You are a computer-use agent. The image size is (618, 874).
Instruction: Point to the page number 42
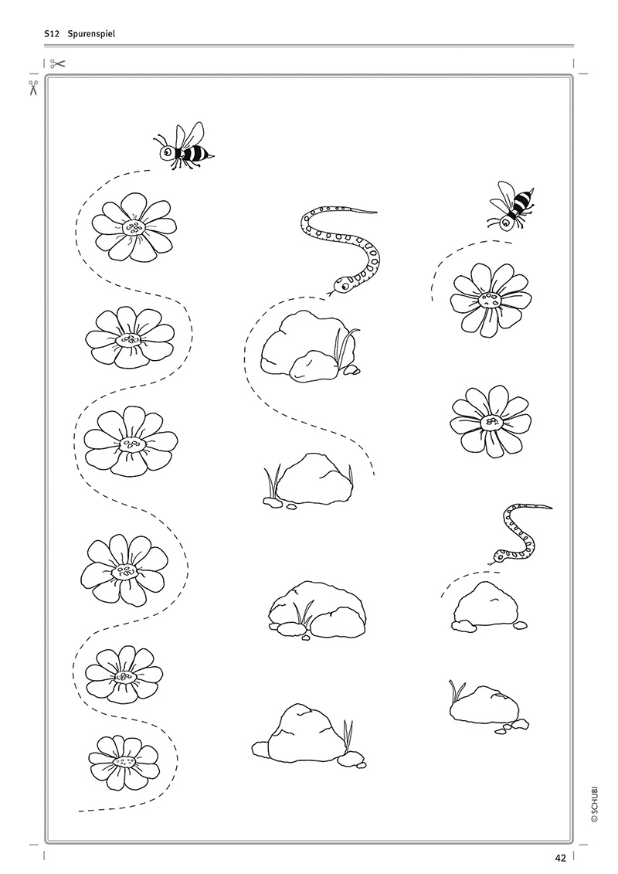tap(560, 859)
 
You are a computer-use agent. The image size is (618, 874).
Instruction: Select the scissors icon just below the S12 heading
tap(57, 63)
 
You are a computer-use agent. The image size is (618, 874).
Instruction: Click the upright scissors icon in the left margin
tap(33, 87)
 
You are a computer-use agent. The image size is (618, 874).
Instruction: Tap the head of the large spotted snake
tap(341, 285)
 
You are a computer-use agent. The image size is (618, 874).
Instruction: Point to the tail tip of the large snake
tap(377, 213)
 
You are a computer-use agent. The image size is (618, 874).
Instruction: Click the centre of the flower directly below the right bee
tap(491, 299)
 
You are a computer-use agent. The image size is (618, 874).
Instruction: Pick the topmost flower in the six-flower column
tap(134, 227)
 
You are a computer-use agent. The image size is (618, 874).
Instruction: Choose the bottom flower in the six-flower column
tap(124, 762)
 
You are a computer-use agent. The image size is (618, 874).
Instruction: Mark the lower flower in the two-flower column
tap(491, 421)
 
